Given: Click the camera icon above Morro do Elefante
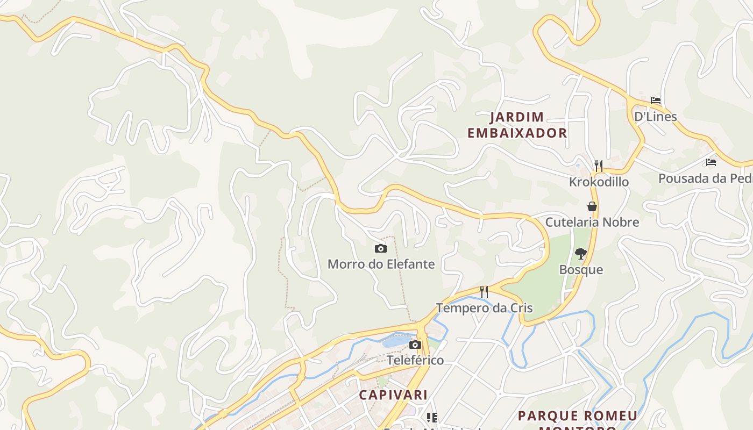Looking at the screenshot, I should point(381,248).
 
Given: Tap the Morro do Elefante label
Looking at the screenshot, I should point(381,264).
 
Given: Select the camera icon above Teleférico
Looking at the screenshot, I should point(415,345).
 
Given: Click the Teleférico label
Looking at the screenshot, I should point(415,360).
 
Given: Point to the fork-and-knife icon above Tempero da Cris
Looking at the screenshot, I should point(484,292).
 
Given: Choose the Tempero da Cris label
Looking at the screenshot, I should point(484,308).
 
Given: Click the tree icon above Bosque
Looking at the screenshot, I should point(580,253).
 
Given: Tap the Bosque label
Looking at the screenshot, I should point(581,269).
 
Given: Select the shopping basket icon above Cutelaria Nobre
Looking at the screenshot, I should point(592,206).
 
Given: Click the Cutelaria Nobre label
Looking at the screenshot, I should point(592,222).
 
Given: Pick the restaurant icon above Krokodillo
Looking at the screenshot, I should point(598,166).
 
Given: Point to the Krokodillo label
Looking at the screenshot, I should point(599,182).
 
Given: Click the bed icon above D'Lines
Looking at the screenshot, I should point(655,101).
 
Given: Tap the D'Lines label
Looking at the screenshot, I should point(655,116).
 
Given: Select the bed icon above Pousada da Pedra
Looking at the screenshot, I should point(711,162).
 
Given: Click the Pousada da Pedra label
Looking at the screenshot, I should point(705,178).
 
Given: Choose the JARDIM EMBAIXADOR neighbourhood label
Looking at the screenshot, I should point(517,125).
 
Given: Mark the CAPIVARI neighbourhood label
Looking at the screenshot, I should point(393,395).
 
